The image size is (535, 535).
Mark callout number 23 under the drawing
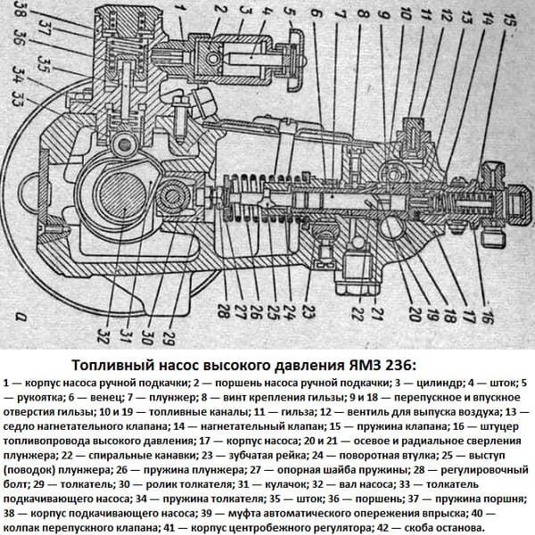click(x=308, y=312)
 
